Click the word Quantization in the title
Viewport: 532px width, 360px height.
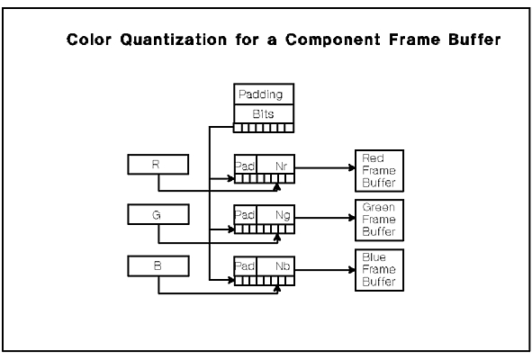174,40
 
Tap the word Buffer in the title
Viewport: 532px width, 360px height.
474,40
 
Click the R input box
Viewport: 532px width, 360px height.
158,165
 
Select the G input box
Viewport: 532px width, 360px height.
158,214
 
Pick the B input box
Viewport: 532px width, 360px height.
158,266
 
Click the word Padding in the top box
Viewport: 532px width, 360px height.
260,94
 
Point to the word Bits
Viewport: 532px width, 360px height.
263,114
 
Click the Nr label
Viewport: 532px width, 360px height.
281,166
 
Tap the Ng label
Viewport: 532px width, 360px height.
283,215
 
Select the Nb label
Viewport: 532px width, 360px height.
283,266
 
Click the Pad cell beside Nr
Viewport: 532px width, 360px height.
246,165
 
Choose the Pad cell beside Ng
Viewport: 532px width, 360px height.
246,215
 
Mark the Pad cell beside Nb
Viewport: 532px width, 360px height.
246,266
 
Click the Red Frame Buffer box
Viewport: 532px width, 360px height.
379,171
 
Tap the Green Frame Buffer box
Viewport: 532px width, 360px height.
379,220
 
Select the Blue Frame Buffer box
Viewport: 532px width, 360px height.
379,270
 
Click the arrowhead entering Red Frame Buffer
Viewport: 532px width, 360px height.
352,167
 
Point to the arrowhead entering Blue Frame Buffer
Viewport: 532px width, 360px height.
352,270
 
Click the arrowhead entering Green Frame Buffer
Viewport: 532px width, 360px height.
352,218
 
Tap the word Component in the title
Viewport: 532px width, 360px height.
332,40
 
